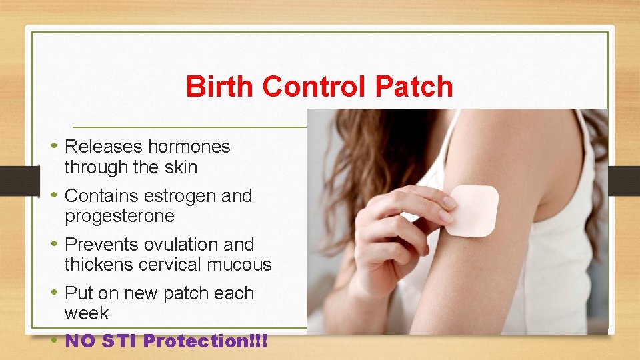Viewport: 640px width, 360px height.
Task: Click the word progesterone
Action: click(119, 217)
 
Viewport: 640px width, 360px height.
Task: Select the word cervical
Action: click(173, 265)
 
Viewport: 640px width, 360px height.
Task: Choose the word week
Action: click(86, 313)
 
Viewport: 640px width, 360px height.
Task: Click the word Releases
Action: click(103, 147)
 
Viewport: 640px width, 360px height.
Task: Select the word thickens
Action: click(99, 265)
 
